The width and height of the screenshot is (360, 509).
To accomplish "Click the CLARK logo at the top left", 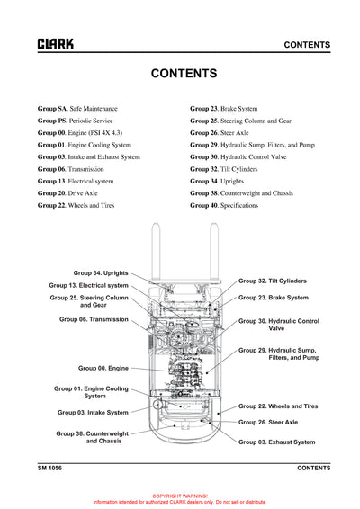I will click(x=55, y=44).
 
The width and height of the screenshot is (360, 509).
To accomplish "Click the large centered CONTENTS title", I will click(x=184, y=74).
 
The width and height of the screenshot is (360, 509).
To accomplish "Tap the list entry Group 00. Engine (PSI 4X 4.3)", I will click(x=87, y=133).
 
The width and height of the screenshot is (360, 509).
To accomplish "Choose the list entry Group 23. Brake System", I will click(x=223, y=109).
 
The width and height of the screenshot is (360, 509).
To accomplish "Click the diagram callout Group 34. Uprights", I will click(x=101, y=272).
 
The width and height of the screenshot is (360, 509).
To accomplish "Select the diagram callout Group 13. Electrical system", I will click(x=88, y=285).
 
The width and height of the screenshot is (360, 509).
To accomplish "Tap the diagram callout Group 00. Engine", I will click(x=103, y=368).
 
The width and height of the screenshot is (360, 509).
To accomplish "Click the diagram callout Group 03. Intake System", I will click(x=93, y=413).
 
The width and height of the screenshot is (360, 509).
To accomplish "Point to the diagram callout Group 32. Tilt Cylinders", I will click(x=272, y=281).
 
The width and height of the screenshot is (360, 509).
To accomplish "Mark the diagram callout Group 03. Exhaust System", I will click(x=276, y=442).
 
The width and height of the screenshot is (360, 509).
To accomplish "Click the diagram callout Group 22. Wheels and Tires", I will click(x=277, y=406).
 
